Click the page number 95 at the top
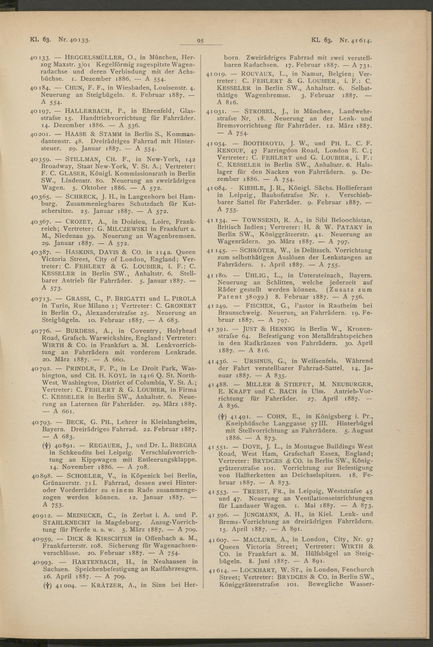[x=201, y=41]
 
